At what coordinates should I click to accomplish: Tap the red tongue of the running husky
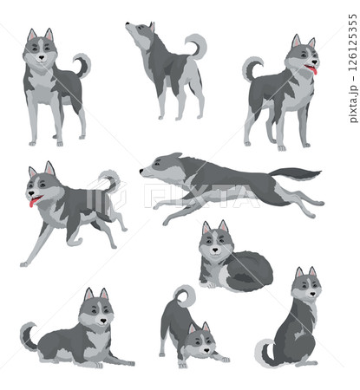click(34, 202)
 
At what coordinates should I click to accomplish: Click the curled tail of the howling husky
click(198, 44)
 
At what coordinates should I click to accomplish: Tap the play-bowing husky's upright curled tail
click(185, 295)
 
